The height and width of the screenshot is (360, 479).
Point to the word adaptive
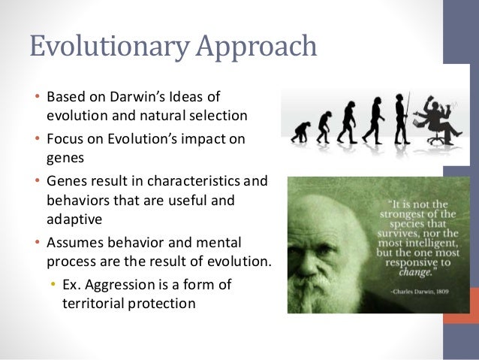tap(72, 219)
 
